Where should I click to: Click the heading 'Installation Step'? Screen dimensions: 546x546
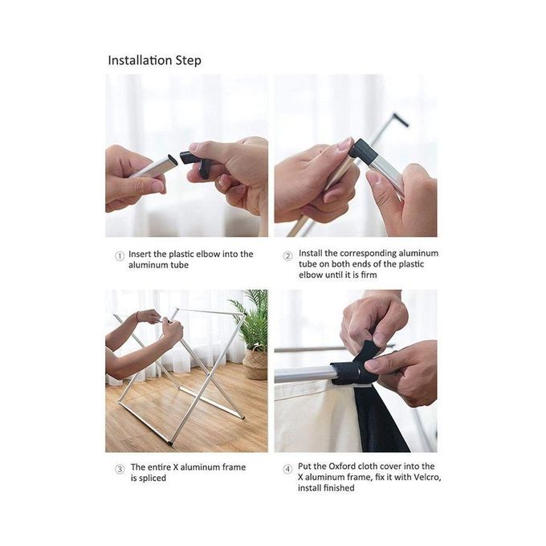coord(154,60)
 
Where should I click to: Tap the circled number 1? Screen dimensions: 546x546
coord(120,256)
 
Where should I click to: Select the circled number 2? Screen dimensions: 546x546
coord(287,257)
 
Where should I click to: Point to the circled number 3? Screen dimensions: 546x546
coord(120,469)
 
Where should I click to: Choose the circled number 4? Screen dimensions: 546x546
coord(287,469)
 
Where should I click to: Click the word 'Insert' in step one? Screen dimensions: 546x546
coord(140,254)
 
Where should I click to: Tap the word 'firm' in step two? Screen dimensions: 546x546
coord(369,275)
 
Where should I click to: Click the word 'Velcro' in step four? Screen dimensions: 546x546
coord(427,477)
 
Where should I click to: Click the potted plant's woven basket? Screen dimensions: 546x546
coord(255,364)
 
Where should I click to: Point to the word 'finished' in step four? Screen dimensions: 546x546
coord(339,488)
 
